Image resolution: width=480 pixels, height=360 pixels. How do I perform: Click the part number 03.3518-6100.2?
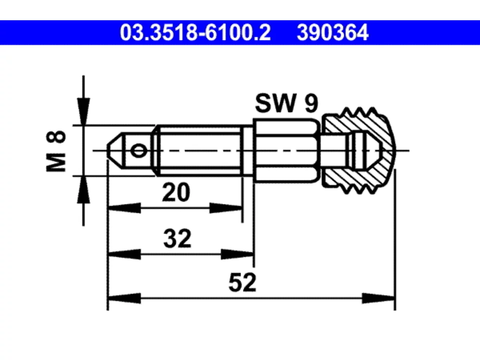pyautogui.click(x=195, y=33)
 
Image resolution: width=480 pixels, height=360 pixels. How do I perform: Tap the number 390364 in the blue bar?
pyautogui.click(x=333, y=33)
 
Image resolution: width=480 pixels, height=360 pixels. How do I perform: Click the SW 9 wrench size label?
pyautogui.click(x=286, y=103)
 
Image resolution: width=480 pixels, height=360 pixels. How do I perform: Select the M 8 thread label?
pyautogui.click(x=56, y=151)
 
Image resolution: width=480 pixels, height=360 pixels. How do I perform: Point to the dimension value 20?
pyautogui.click(x=176, y=193)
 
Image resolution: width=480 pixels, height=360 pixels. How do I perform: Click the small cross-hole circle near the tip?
pyautogui.click(x=138, y=151)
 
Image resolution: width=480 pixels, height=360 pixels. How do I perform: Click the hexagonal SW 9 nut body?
pyautogui.click(x=286, y=151)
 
